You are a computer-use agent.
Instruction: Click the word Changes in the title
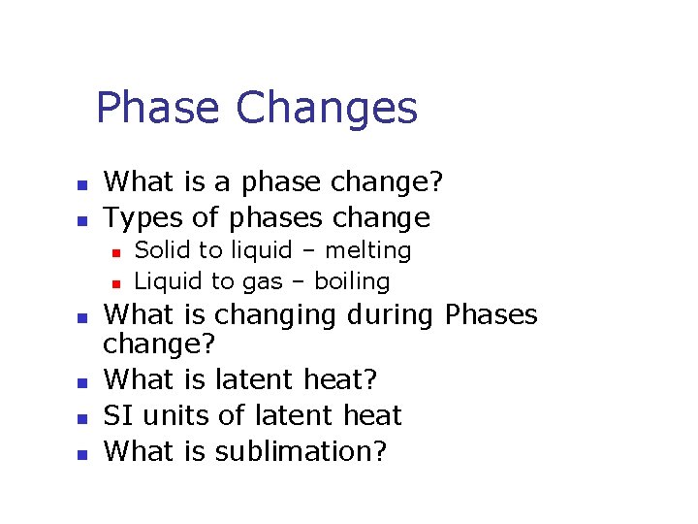327,110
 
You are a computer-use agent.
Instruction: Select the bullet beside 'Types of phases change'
83,219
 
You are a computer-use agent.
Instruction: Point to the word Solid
162,250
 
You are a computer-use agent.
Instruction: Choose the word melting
367,250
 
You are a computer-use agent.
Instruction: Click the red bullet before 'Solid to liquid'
114,252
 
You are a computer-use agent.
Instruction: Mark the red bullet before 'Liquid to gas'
114,284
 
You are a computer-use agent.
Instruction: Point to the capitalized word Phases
491,314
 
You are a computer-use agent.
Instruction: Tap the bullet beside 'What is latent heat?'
83,382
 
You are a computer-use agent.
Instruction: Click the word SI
118,415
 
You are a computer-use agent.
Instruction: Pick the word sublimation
301,451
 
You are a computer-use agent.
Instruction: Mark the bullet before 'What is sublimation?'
83,453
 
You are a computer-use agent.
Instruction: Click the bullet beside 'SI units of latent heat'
83,418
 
